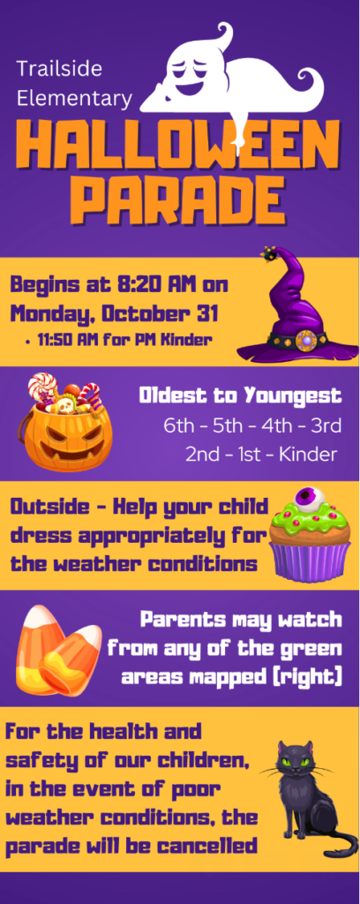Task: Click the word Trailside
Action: tap(59, 69)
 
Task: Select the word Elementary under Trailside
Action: tap(74, 98)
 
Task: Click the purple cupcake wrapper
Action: tap(310, 561)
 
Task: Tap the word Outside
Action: tap(49, 508)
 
